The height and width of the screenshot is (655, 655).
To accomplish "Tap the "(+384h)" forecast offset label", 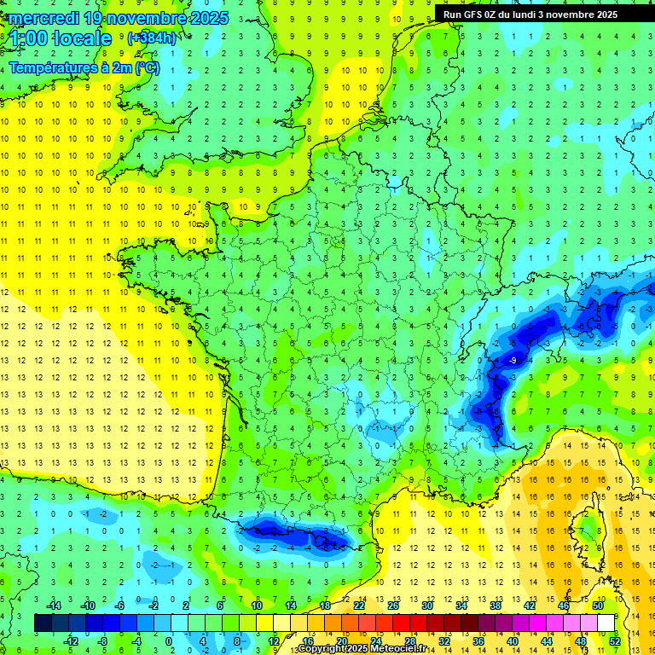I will pyautogui.click(x=152, y=38).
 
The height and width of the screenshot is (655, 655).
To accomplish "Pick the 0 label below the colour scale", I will pyautogui.click(x=169, y=641).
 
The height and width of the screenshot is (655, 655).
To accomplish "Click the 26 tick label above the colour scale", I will pyautogui.click(x=393, y=605).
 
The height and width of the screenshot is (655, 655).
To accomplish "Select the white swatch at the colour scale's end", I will pyautogui.click(x=606, y=623).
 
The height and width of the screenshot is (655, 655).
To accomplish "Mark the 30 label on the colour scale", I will pyautogui.click(x=426, y=605).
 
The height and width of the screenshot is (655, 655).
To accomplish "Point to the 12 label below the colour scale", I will pyautogui.click(x=275, y=641).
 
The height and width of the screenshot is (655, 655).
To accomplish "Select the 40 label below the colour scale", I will pyautogui.click(x=512, y=641).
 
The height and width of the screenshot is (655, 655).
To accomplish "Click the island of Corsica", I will pyautogui.click(x=587, y=533).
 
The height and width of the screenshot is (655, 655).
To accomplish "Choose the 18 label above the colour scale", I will pyautogui.click(x=325, y=605).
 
